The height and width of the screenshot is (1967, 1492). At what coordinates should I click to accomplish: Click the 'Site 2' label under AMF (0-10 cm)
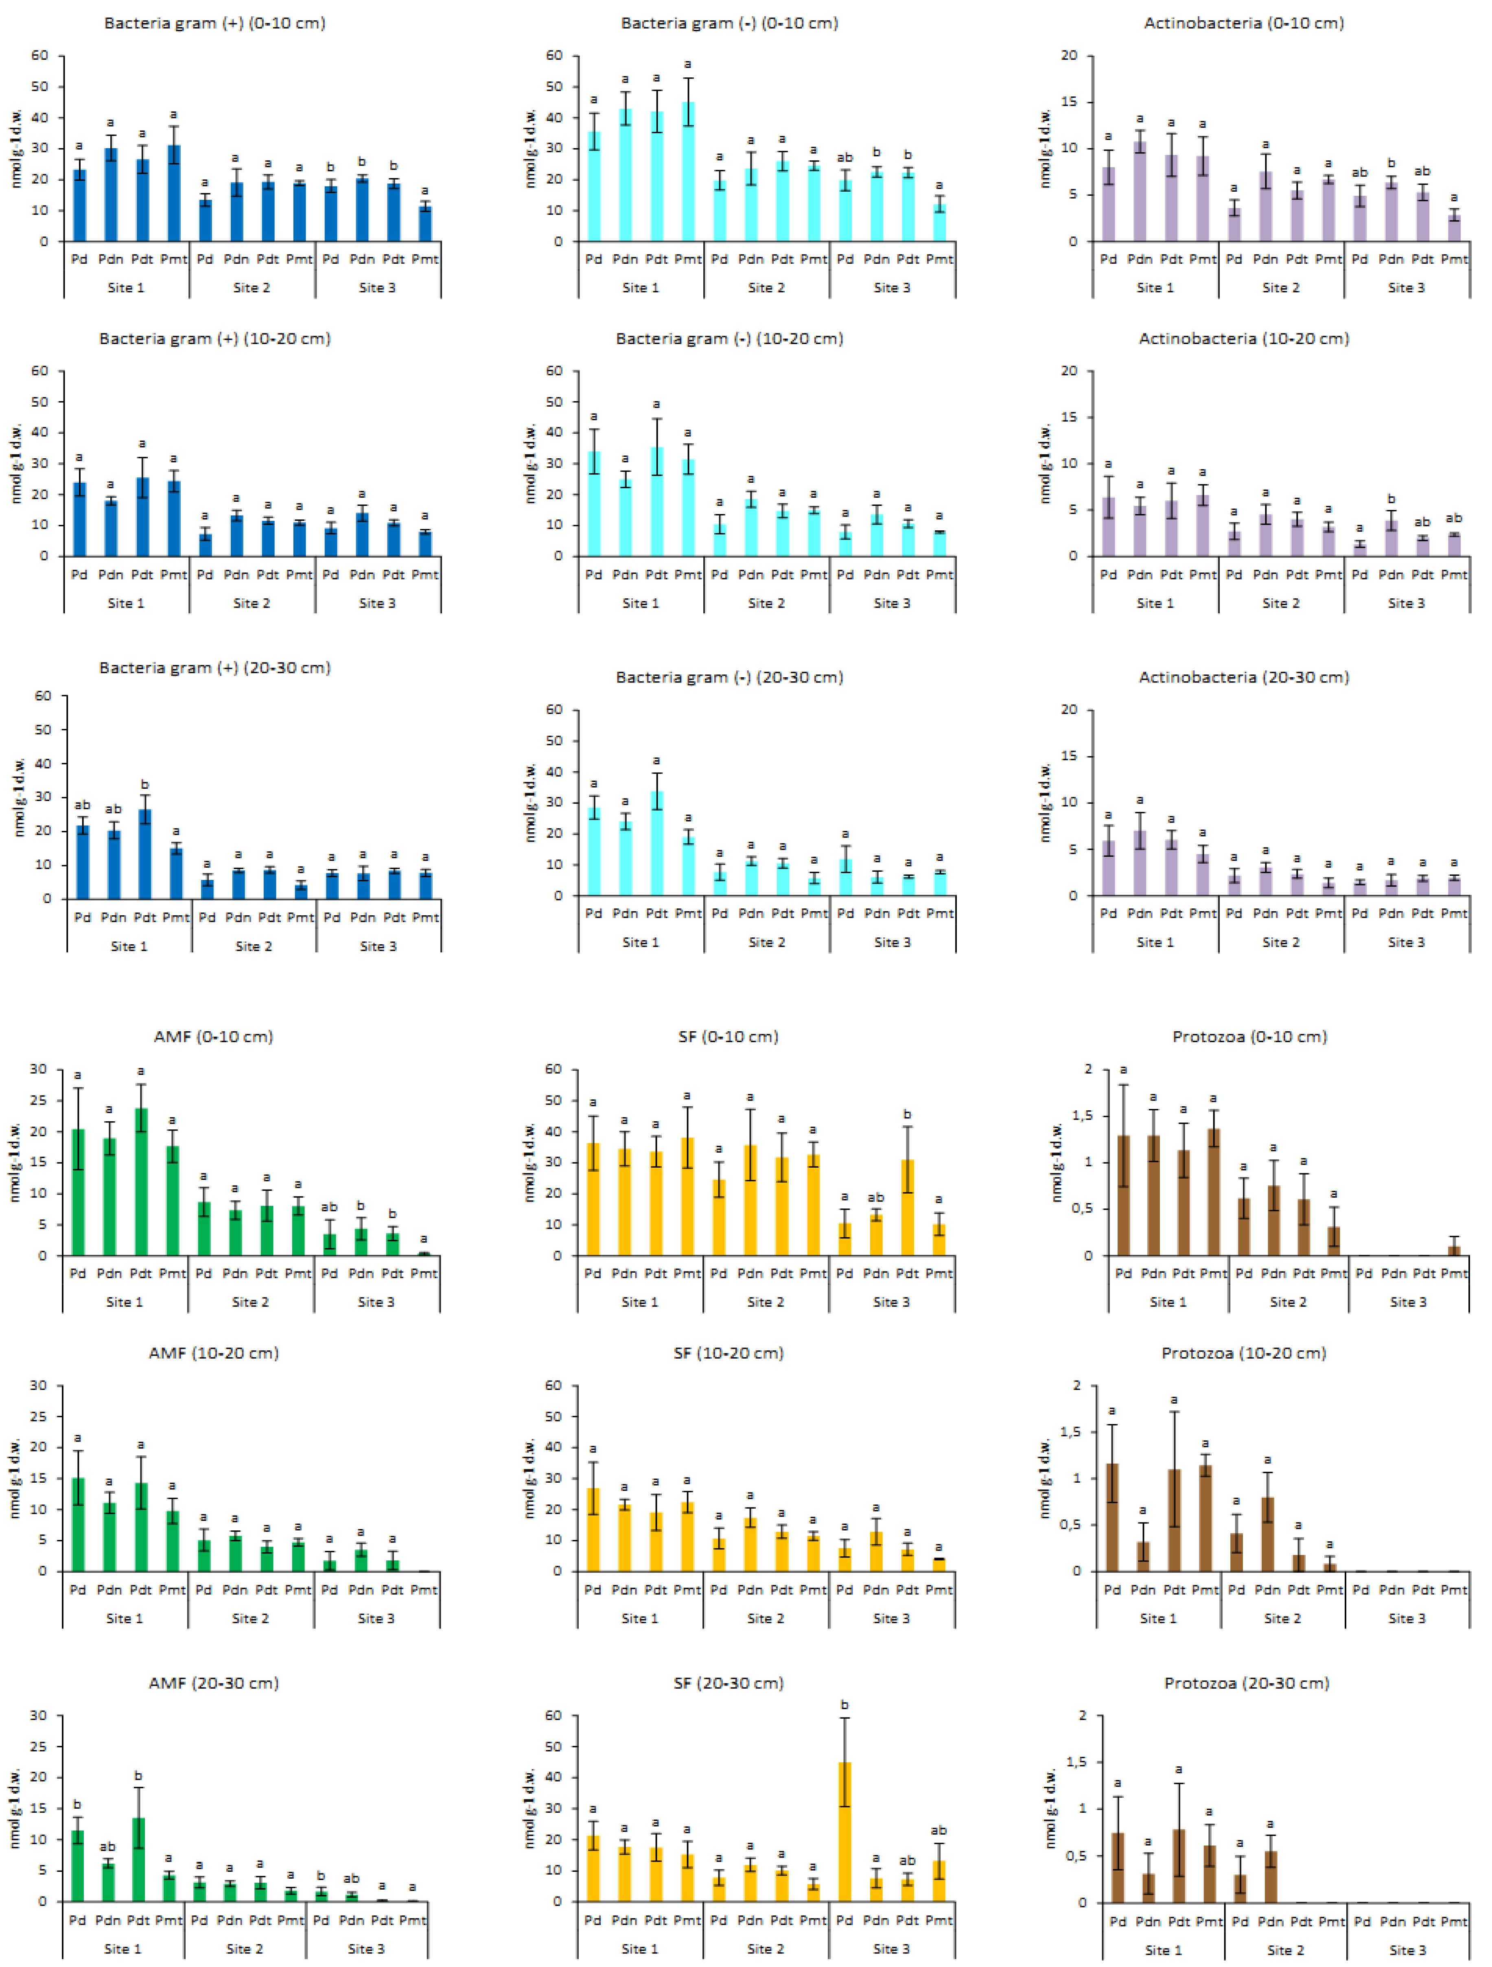(250, 1302)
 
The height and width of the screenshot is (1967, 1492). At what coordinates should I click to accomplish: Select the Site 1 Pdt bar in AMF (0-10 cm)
(140, 1182)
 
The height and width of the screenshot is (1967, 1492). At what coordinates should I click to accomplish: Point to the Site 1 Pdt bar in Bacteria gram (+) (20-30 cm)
(145, 854)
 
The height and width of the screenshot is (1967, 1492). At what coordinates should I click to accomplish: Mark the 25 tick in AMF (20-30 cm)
(38, 1746)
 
